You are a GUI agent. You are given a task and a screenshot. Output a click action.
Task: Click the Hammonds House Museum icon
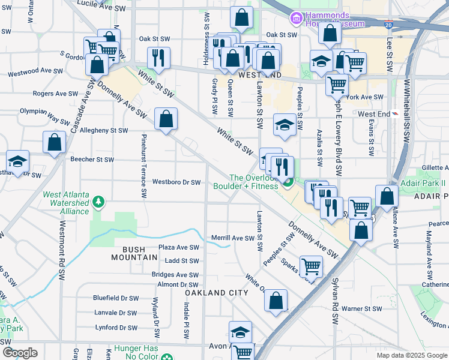pyautogui.click(x=296, y=19)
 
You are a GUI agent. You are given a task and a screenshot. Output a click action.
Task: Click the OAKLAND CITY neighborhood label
pyautogui.click(x=216, y=293)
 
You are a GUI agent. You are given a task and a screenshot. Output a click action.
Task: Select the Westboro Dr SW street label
pyautogui.click(x=176, y=182)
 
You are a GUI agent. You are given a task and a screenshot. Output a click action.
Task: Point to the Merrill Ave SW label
pyautogui.click(x=233, y=238)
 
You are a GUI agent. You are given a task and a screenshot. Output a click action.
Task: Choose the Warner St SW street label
pyautogui.click(x=361, y=308)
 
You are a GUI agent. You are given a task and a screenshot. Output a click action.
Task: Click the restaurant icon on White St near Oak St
pyautogui.click(x=158, y=57)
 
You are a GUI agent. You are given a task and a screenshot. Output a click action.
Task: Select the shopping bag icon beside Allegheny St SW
pyautogui.click(x=166, y=119)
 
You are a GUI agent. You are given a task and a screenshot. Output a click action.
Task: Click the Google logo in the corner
pyautogui.click(x=20, y=353)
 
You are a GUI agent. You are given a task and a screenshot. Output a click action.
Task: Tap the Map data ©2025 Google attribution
pyautogui.click(x=411, y=355)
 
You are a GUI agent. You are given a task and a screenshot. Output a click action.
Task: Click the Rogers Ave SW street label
pyautogui.click(x=55, y=94)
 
